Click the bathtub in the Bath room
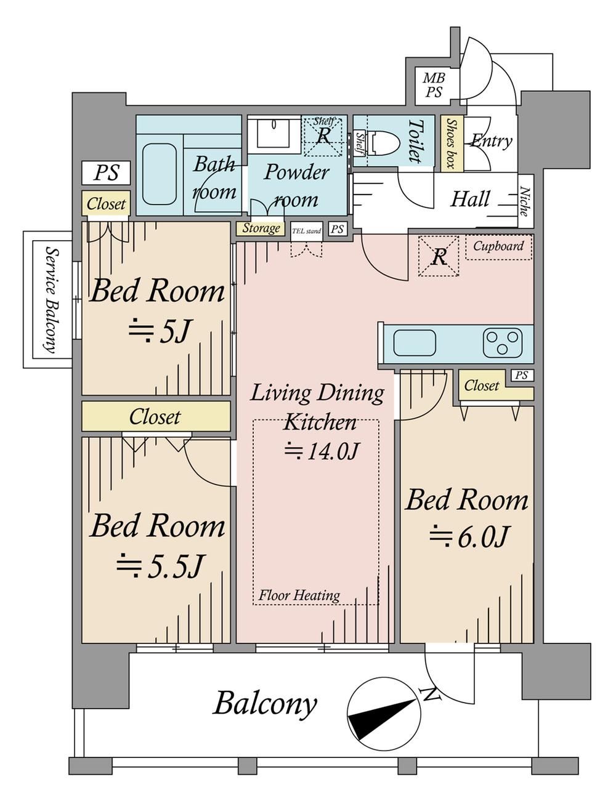click(159, 174)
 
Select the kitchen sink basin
click(415, 342)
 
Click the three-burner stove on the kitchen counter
click(503, 343)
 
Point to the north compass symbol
click(384, 714)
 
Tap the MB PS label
click(434, 85)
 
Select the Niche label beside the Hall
click(525, 201)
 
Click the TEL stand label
click(306, 232)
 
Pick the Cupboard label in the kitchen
click(498, 246)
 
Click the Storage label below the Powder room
click(261, 228)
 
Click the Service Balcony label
click(51, 299)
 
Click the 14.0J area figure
click(322, 451)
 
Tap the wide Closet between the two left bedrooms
click(156, 416)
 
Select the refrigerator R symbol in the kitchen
click(439, 256)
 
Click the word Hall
click(470, 199)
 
